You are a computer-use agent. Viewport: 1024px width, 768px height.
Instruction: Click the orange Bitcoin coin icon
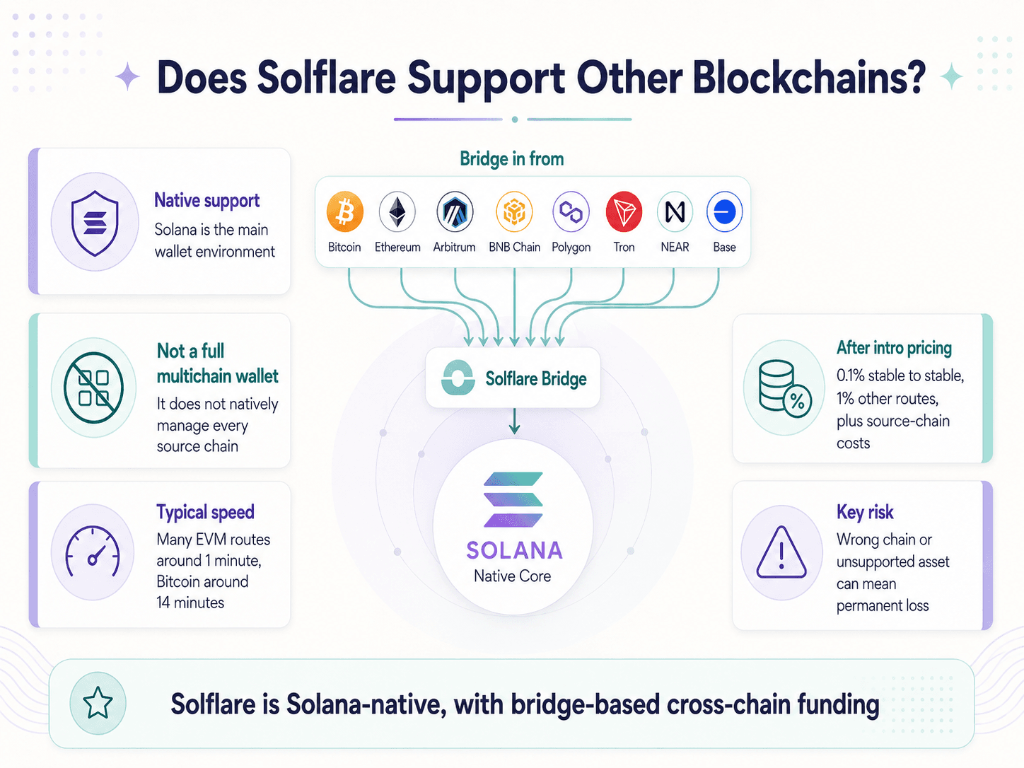tap(345, 211)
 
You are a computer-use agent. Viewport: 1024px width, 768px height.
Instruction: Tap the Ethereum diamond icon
tap(397, 211)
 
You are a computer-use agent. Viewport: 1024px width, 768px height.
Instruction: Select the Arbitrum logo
tap(455, 211)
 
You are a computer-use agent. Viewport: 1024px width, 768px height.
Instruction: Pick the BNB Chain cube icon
tap(514, 211)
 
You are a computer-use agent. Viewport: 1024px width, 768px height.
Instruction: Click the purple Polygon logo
tap(571, 211)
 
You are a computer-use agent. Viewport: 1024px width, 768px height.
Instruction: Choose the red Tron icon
tap(624, 211)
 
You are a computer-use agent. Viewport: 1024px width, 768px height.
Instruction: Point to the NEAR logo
tap(675, 211)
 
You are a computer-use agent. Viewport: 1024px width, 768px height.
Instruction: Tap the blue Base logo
tap(724, 211)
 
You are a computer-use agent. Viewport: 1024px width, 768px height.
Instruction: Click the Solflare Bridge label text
tap(536, 379)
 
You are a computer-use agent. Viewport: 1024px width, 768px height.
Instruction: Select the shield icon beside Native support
tap(95, 223)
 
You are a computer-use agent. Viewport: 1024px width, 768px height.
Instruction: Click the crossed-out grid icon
tap(94, 388)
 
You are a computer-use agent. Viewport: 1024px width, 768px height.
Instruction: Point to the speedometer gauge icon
tap(93, 552)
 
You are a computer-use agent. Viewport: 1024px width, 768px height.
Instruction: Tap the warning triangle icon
tap(781, 553)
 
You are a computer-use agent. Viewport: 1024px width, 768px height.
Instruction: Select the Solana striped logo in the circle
tap(513, 499)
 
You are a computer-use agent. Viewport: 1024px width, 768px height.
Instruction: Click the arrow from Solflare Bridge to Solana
tap(514, 421)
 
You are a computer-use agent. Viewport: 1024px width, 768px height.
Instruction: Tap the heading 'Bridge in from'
tap(512, 159)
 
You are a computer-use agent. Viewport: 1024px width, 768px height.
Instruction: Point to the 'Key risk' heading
tap(865, 512)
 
